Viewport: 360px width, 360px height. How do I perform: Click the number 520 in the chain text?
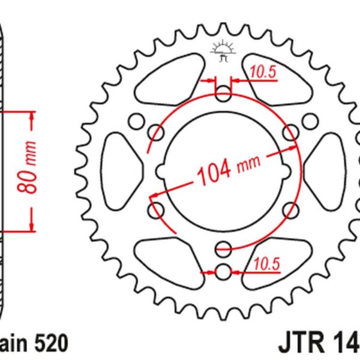point(52,343)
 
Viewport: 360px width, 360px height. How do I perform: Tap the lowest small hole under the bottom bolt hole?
point(223,271)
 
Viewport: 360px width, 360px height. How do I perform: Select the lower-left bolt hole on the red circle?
point(157,210)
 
